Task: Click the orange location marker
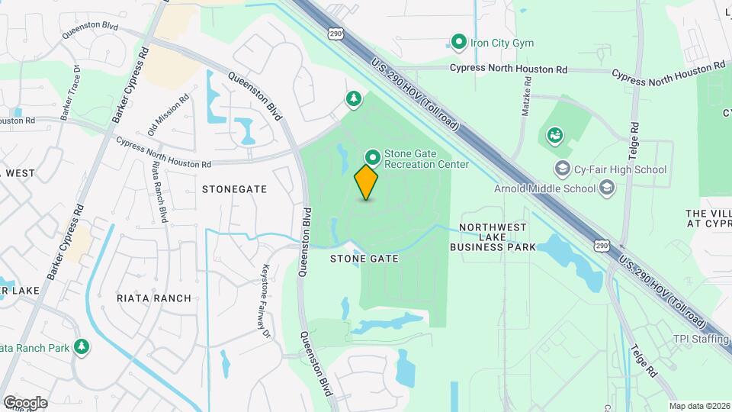(367, 182)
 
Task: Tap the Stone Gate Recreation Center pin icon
(372, 158)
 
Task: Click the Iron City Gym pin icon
(458, 42)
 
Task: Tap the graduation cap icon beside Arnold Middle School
(607, 188)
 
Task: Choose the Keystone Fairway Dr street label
(267, 301)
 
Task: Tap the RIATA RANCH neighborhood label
(154, 298)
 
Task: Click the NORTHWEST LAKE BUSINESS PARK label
(499, 237)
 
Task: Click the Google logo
(24, 403)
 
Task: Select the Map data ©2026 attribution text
(698, 406)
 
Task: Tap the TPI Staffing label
(701, 339)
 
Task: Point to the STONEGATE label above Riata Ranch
(234, 188)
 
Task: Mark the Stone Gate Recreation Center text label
(426, 159)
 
